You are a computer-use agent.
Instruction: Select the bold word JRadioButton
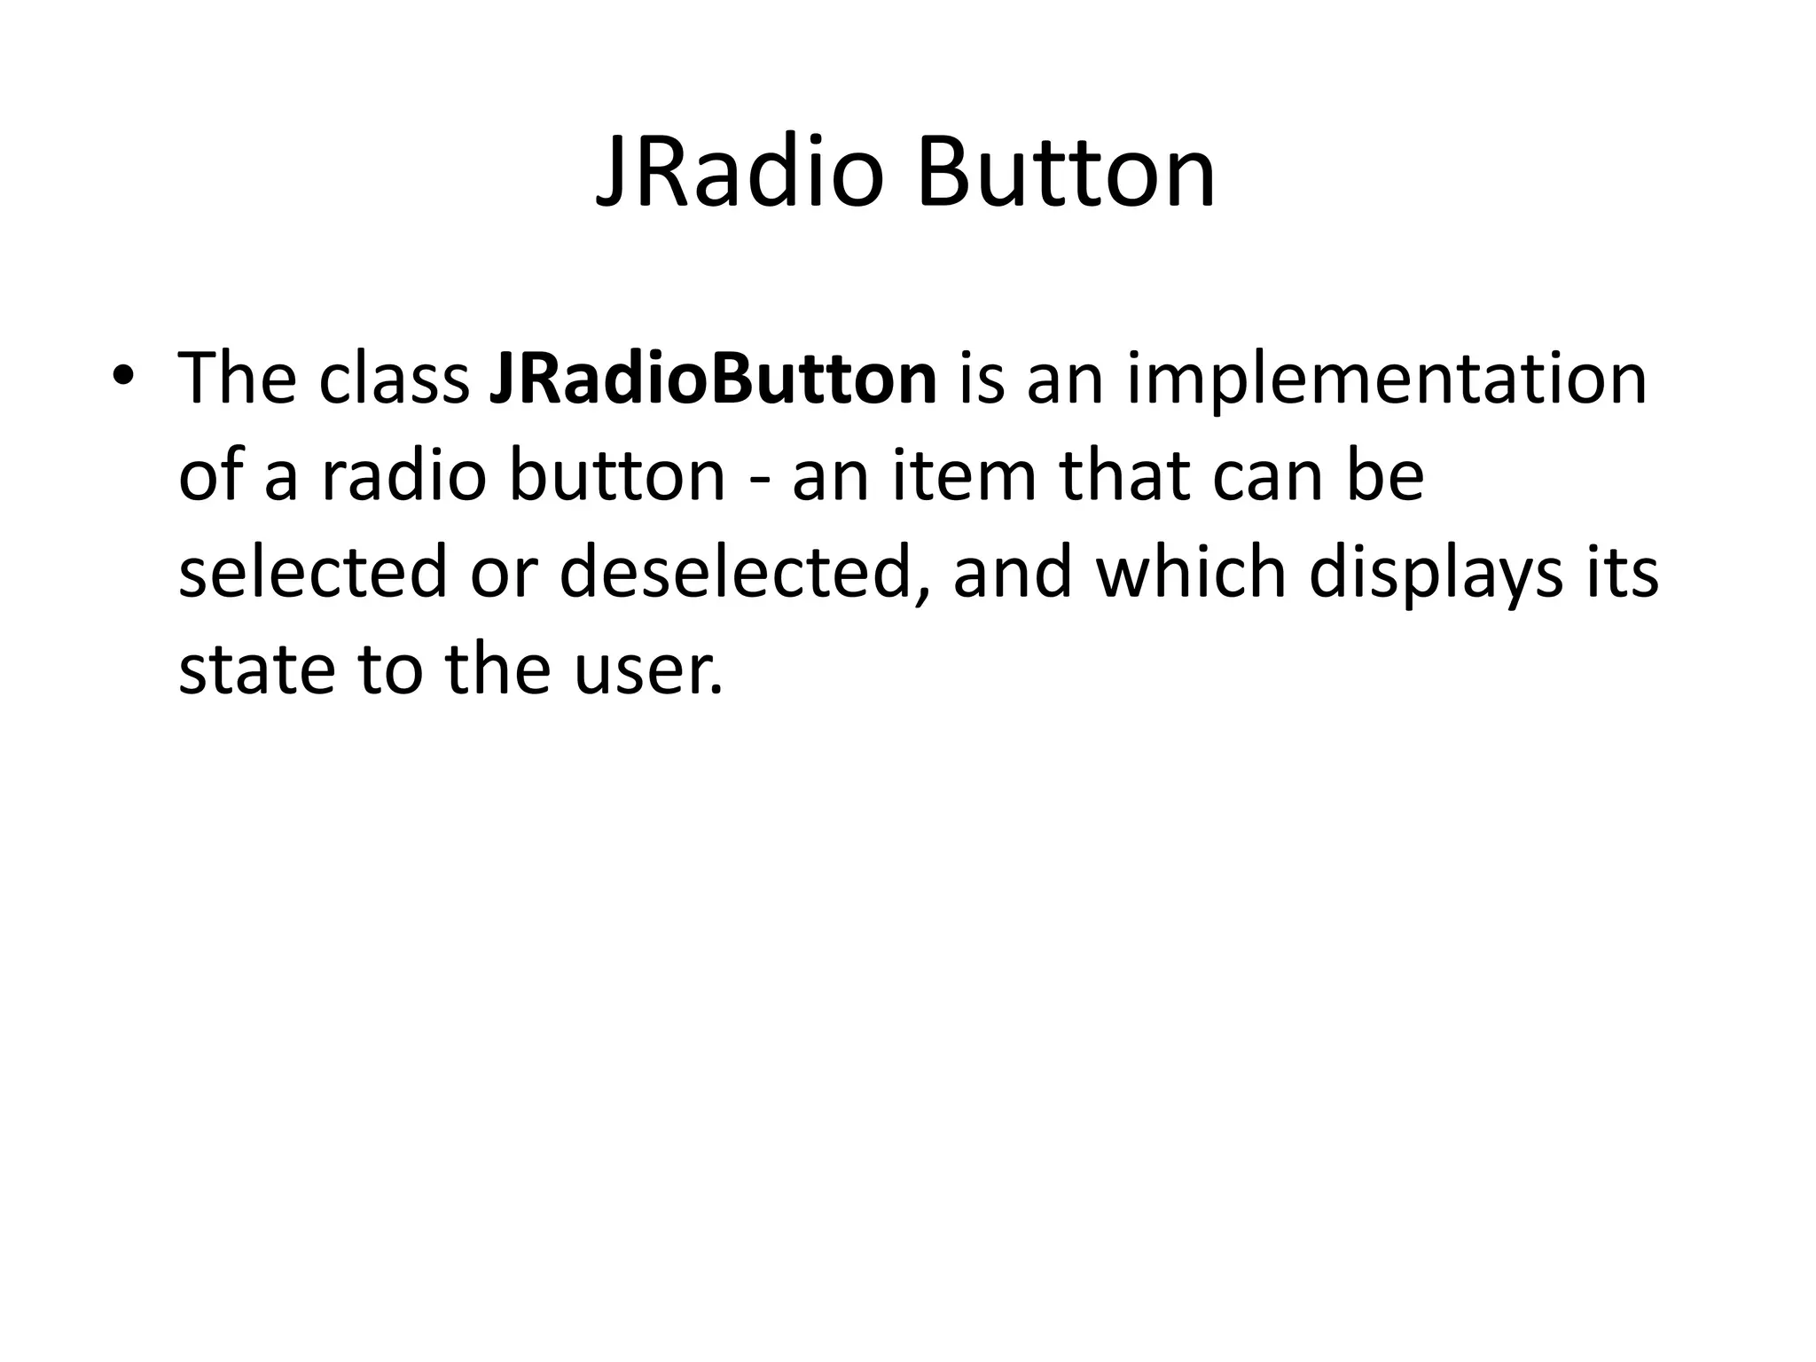(712, 379)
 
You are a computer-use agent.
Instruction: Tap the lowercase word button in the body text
(616, 475)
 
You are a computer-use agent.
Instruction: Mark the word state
(256, 670)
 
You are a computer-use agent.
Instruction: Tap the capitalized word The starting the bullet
(237, 379)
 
